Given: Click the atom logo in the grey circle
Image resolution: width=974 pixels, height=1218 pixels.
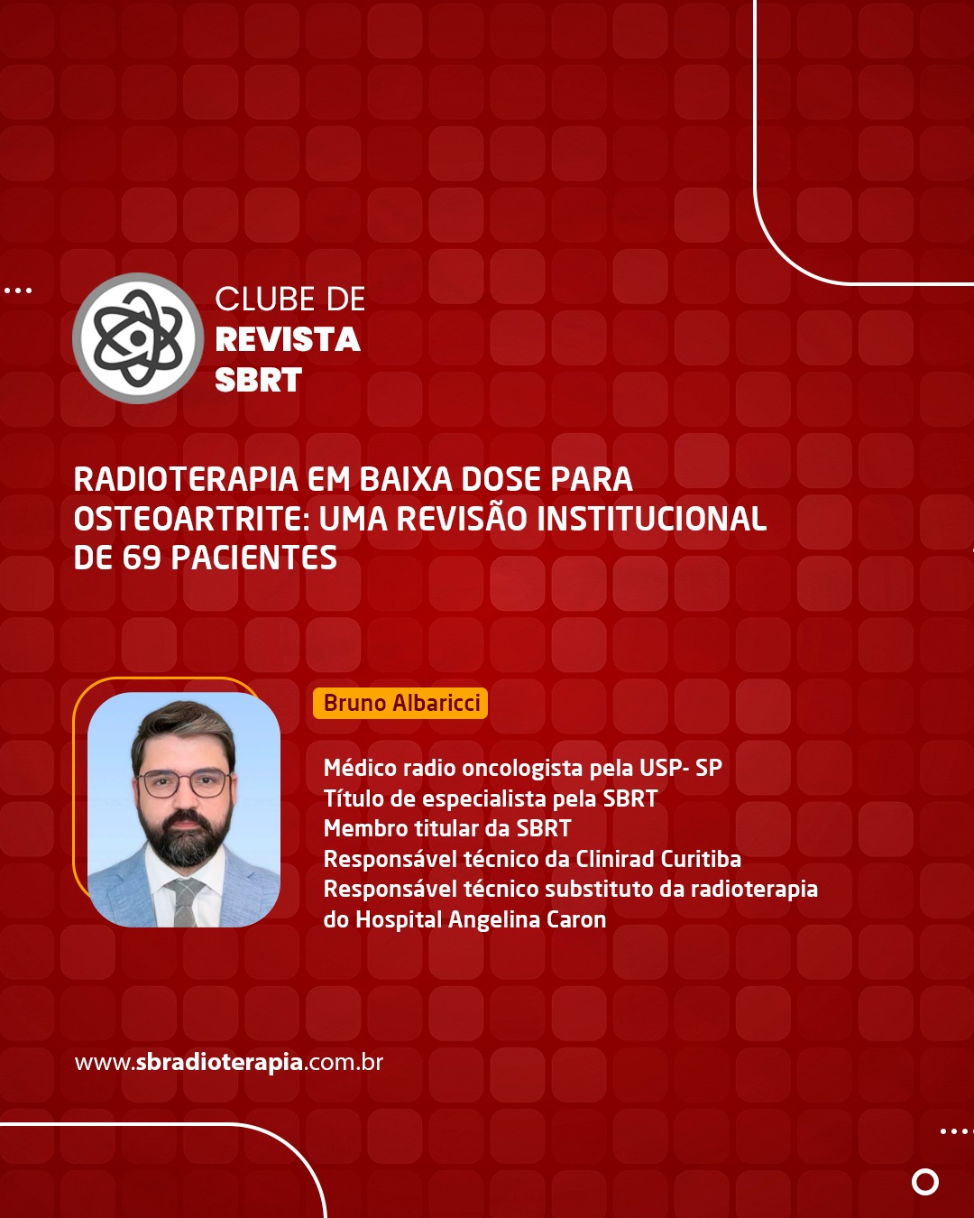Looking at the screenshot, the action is tap(137, 338).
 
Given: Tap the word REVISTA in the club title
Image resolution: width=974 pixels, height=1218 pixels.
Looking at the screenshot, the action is tap(288, 339).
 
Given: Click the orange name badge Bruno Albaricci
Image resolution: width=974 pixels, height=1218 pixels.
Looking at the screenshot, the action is tap(400, 703).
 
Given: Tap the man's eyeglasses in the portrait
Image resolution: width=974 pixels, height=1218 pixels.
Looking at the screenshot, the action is tap(184, 783).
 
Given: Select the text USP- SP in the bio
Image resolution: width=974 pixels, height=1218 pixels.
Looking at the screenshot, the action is tap(681, 768).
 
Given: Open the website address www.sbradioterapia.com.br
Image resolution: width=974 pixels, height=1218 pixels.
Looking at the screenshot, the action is tap(229, 1062).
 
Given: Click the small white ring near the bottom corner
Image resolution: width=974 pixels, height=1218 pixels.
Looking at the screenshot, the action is tap(925, 1182).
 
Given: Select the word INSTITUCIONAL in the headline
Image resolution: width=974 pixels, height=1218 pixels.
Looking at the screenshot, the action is tap(651, 519).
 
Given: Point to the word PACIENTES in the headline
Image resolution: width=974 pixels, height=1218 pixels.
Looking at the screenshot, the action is tap(253, 558).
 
